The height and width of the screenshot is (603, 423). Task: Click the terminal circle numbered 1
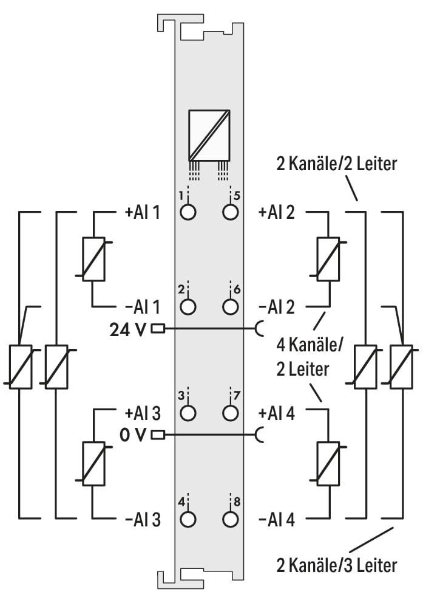[188, 212]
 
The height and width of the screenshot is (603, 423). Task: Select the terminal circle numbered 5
[230, 212]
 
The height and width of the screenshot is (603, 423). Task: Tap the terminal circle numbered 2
[188, 306]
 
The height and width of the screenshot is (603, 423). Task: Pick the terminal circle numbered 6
[230, 306]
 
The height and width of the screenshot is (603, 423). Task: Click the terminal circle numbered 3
[188, 413]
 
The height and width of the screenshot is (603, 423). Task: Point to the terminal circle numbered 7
[230, 413]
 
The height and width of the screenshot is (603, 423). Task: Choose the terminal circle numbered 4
[188, 519]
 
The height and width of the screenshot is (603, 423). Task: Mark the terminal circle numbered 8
[230, 519]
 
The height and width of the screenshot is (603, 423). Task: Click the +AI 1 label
[143, 212]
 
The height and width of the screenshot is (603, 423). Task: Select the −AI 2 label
[277, 307]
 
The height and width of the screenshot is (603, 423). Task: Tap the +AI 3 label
[143, 413]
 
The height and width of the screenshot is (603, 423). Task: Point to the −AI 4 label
[277, 520]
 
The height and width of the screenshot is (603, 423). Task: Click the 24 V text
[128, 329]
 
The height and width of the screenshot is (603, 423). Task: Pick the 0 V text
[133, 435]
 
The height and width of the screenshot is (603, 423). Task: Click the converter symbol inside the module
[209, 135]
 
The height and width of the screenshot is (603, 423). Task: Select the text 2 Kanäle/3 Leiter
[337, 565]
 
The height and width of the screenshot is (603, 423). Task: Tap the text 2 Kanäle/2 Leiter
[337, 164]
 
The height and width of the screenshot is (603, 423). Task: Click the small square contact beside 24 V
[158, 329]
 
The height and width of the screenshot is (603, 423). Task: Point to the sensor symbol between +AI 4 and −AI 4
[328, 463]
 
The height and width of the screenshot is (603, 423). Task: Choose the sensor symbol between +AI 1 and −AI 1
[93, 259]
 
